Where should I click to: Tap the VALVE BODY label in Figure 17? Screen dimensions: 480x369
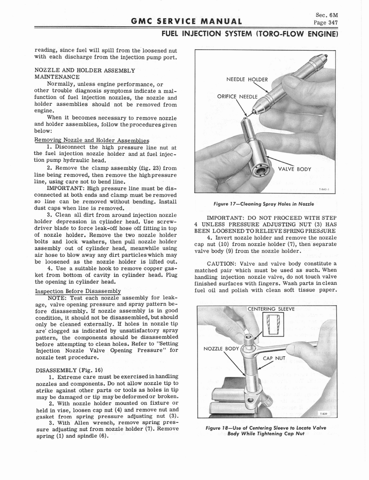[294, 169]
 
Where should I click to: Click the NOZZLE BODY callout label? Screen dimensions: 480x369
[221, 348]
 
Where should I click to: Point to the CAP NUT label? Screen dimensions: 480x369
[274, 358]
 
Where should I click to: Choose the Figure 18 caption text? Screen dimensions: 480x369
[266, 430]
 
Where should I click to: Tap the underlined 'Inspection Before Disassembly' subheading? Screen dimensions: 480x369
[78, 291]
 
